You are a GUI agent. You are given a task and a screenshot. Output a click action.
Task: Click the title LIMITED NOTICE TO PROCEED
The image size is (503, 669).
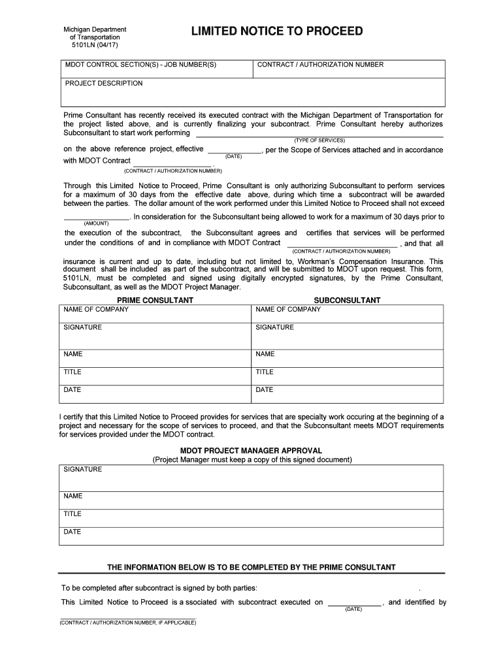(276, 32)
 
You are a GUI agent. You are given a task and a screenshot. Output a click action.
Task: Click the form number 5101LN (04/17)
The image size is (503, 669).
(94, 46)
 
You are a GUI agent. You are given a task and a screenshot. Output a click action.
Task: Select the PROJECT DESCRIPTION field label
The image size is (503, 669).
(103, 84)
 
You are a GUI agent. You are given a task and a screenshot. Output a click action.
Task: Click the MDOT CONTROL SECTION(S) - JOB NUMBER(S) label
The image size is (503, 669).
(140, 65)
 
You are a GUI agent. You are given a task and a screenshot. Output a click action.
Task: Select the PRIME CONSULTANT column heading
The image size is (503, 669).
(155, 301)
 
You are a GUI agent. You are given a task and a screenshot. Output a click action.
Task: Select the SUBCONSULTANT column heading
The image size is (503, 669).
(347, 301)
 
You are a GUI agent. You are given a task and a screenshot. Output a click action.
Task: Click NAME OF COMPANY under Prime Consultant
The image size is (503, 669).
(96, 310)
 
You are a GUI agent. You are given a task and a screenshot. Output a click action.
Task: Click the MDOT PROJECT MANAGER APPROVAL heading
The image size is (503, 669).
(251, 451)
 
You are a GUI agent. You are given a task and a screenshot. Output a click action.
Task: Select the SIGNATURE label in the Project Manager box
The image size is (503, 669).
(82, 470)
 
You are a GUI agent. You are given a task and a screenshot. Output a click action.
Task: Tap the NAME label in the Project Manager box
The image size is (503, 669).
(73, 497)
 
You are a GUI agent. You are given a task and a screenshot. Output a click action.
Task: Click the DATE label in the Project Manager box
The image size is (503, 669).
(72, 532)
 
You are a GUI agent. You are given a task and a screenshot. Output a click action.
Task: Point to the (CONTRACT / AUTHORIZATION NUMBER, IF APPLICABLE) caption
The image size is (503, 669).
(127, 623)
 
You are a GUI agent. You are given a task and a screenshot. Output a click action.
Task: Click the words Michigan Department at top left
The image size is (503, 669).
(94, 29)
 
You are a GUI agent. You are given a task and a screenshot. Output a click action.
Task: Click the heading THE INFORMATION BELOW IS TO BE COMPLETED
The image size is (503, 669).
(251, 567)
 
